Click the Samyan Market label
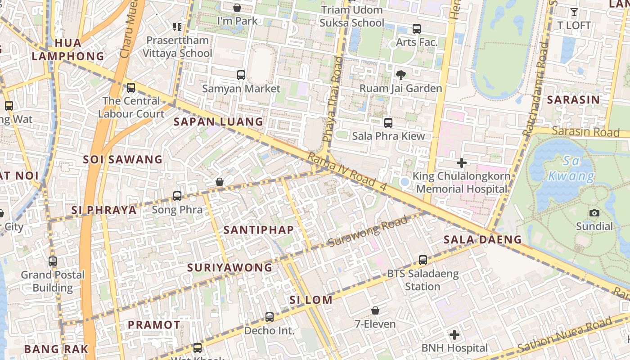point(241,89)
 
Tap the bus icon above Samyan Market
point(241,75)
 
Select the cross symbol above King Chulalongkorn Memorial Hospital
point(462,163)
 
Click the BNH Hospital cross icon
point(454,335)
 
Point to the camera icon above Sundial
point(594,213)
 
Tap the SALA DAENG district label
point(482,239)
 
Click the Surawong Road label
point(368,231)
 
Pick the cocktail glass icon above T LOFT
point(574,12)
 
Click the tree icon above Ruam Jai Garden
point(400,75)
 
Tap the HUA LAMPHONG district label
point(68,49)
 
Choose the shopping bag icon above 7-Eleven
point(375,310)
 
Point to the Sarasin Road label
point(585,131)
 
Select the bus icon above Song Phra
point(177,196)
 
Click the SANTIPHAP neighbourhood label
point(259,229)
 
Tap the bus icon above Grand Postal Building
point(53,261)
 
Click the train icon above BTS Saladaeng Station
point(423,260)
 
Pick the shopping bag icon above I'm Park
point(237,8)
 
